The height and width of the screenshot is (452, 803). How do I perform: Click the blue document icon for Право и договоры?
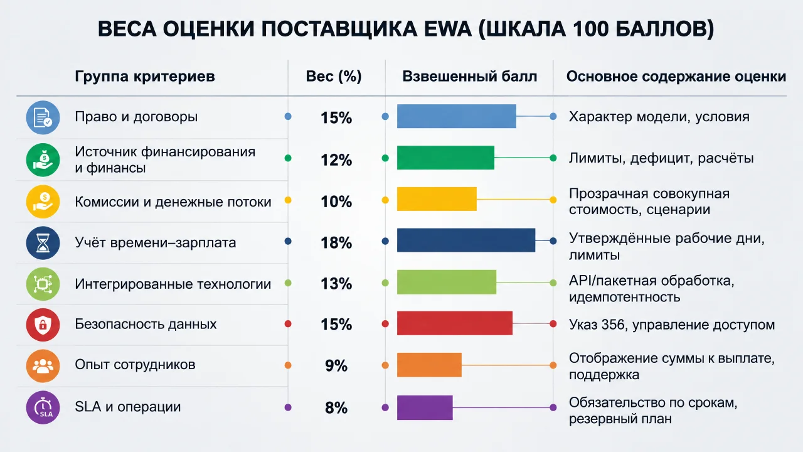tap(43, 117)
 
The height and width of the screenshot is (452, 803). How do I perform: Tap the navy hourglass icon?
tap(43, 243)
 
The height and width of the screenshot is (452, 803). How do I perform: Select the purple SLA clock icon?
tap(43, 407)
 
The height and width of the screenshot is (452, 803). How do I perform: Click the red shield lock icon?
tap(43, 325)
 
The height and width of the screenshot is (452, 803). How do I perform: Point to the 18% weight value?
tap(336, 243)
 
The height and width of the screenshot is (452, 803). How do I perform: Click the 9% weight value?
tap(336, 366)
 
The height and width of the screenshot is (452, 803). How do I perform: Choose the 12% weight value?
tap(336, 160)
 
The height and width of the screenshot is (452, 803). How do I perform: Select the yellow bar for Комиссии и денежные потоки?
tap(437, 199)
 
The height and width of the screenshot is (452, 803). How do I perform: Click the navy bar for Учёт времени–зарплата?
tap(466, 240)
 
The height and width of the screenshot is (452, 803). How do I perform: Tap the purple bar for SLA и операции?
tap(425, 407)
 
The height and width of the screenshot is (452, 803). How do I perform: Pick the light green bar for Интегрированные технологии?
tap(447, 282)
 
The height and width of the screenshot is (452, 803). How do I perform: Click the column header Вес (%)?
tap(334, 77)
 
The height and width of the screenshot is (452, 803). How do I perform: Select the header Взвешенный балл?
tap(470, 77)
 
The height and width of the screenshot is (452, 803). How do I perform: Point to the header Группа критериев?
tap(145, 77)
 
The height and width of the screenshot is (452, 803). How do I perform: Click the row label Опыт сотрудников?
tap(135, 365)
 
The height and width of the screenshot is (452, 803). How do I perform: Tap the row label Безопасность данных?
tap(146, 324)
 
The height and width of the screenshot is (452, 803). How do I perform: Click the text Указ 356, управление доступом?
tap(672, 325)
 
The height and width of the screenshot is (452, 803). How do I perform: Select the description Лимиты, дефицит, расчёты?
tap(661, 158)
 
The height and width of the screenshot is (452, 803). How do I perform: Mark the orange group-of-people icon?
tap(43, 366)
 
